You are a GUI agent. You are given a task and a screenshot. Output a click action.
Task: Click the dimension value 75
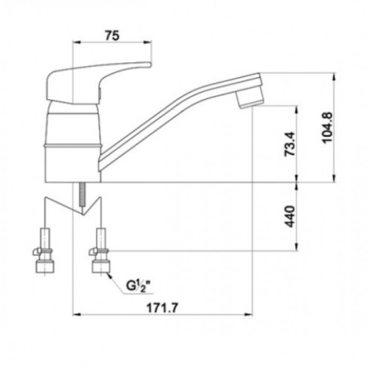tap(112, 36)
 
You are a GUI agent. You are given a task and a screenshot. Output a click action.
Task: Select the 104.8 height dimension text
tap(327, 127)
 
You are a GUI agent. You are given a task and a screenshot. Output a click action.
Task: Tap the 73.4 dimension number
tap(291, 144)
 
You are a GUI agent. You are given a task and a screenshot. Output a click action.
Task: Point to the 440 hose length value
tap(291, 217)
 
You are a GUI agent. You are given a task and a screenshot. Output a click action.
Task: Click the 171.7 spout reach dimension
tap(162, 308)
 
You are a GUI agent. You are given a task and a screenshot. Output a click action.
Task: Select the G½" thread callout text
tap(139, 286)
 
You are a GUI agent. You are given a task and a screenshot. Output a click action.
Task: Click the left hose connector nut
tap(45, 267)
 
